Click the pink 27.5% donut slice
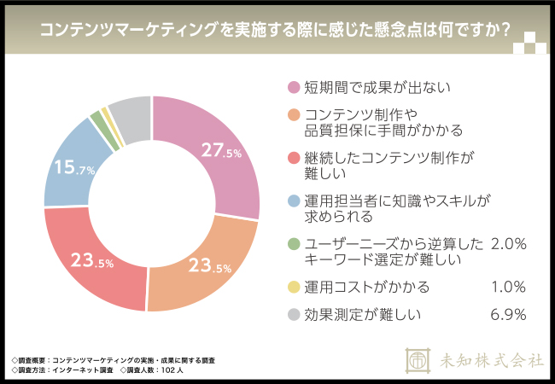224,145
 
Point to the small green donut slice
96,118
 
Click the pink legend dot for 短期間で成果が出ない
294,87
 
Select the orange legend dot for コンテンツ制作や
294,115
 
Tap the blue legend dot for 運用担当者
294,201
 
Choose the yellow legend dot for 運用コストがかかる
294,287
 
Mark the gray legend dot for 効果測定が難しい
294,315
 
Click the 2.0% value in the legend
508,244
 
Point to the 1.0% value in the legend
510,287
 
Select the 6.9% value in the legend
508,315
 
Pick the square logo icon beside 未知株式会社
418,360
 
